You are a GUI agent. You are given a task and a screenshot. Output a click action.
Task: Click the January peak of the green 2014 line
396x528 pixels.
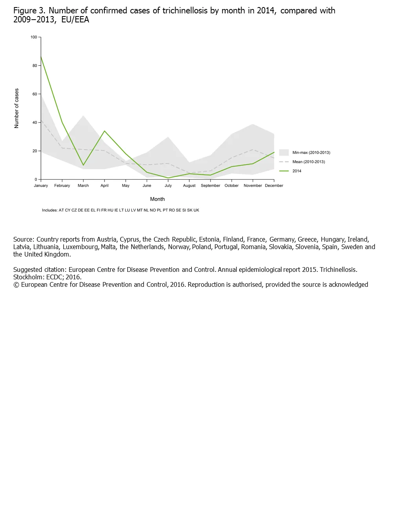point(41,57)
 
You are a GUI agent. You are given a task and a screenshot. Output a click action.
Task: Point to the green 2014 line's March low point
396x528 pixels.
point(83,165)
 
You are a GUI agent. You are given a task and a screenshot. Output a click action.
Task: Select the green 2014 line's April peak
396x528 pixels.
point(104,131)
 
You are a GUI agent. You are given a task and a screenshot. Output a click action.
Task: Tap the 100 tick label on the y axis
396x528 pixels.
point(34,37)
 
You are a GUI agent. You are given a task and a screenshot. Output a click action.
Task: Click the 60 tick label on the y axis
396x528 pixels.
point(35,94)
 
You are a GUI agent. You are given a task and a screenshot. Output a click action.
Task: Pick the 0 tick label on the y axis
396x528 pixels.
point(36,180)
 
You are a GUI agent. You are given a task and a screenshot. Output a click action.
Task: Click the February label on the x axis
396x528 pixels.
point(62,186)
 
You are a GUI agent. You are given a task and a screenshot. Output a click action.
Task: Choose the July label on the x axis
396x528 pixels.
point(168,186)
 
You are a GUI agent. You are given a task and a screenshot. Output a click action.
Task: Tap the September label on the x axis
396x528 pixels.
point(211,186)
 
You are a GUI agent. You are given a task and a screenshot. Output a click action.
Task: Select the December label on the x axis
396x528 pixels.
point(274,186)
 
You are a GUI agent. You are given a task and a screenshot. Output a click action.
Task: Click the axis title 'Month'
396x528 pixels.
point(157,199)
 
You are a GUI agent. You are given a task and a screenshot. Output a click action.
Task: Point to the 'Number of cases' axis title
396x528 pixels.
point(16,108)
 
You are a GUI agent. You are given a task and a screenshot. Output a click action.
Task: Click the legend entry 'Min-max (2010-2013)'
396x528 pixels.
point(311,152)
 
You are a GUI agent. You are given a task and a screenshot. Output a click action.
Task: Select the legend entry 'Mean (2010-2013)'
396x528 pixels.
point(308,162)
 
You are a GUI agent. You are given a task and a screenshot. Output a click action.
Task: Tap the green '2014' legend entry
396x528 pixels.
point(297,171)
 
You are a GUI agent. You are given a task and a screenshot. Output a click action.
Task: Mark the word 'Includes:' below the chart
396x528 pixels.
point(49,210)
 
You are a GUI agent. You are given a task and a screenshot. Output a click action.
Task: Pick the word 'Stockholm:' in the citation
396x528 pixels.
point(29,277)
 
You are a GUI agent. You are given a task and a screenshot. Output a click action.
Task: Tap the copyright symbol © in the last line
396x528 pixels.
point(16,285)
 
